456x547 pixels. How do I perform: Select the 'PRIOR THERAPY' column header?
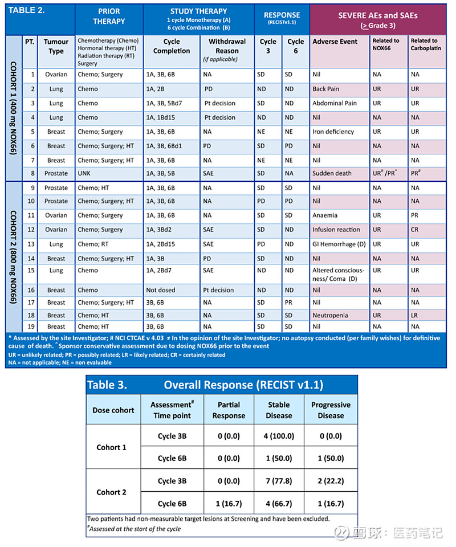coord(109,17)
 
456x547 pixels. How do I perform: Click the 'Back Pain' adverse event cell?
coord(326,89)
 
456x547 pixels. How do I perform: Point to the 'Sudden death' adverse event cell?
coord(332,173)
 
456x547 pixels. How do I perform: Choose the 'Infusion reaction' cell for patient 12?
coord(336,230)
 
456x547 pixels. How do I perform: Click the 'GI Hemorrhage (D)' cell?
coord(339,244)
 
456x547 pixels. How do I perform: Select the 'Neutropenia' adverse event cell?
coord(331,315)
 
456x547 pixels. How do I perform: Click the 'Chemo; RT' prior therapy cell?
coord(94,244)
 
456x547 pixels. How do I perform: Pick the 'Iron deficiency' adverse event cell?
coord(333,132)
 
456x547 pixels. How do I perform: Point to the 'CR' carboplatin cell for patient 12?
coord(415,230)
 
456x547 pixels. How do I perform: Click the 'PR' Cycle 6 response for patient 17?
coord(289,303)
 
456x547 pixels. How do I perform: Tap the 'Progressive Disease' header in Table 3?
coord(331,410)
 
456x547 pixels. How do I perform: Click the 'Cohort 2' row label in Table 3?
coord(112,492)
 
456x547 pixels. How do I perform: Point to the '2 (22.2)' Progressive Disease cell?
coord(331,481)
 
